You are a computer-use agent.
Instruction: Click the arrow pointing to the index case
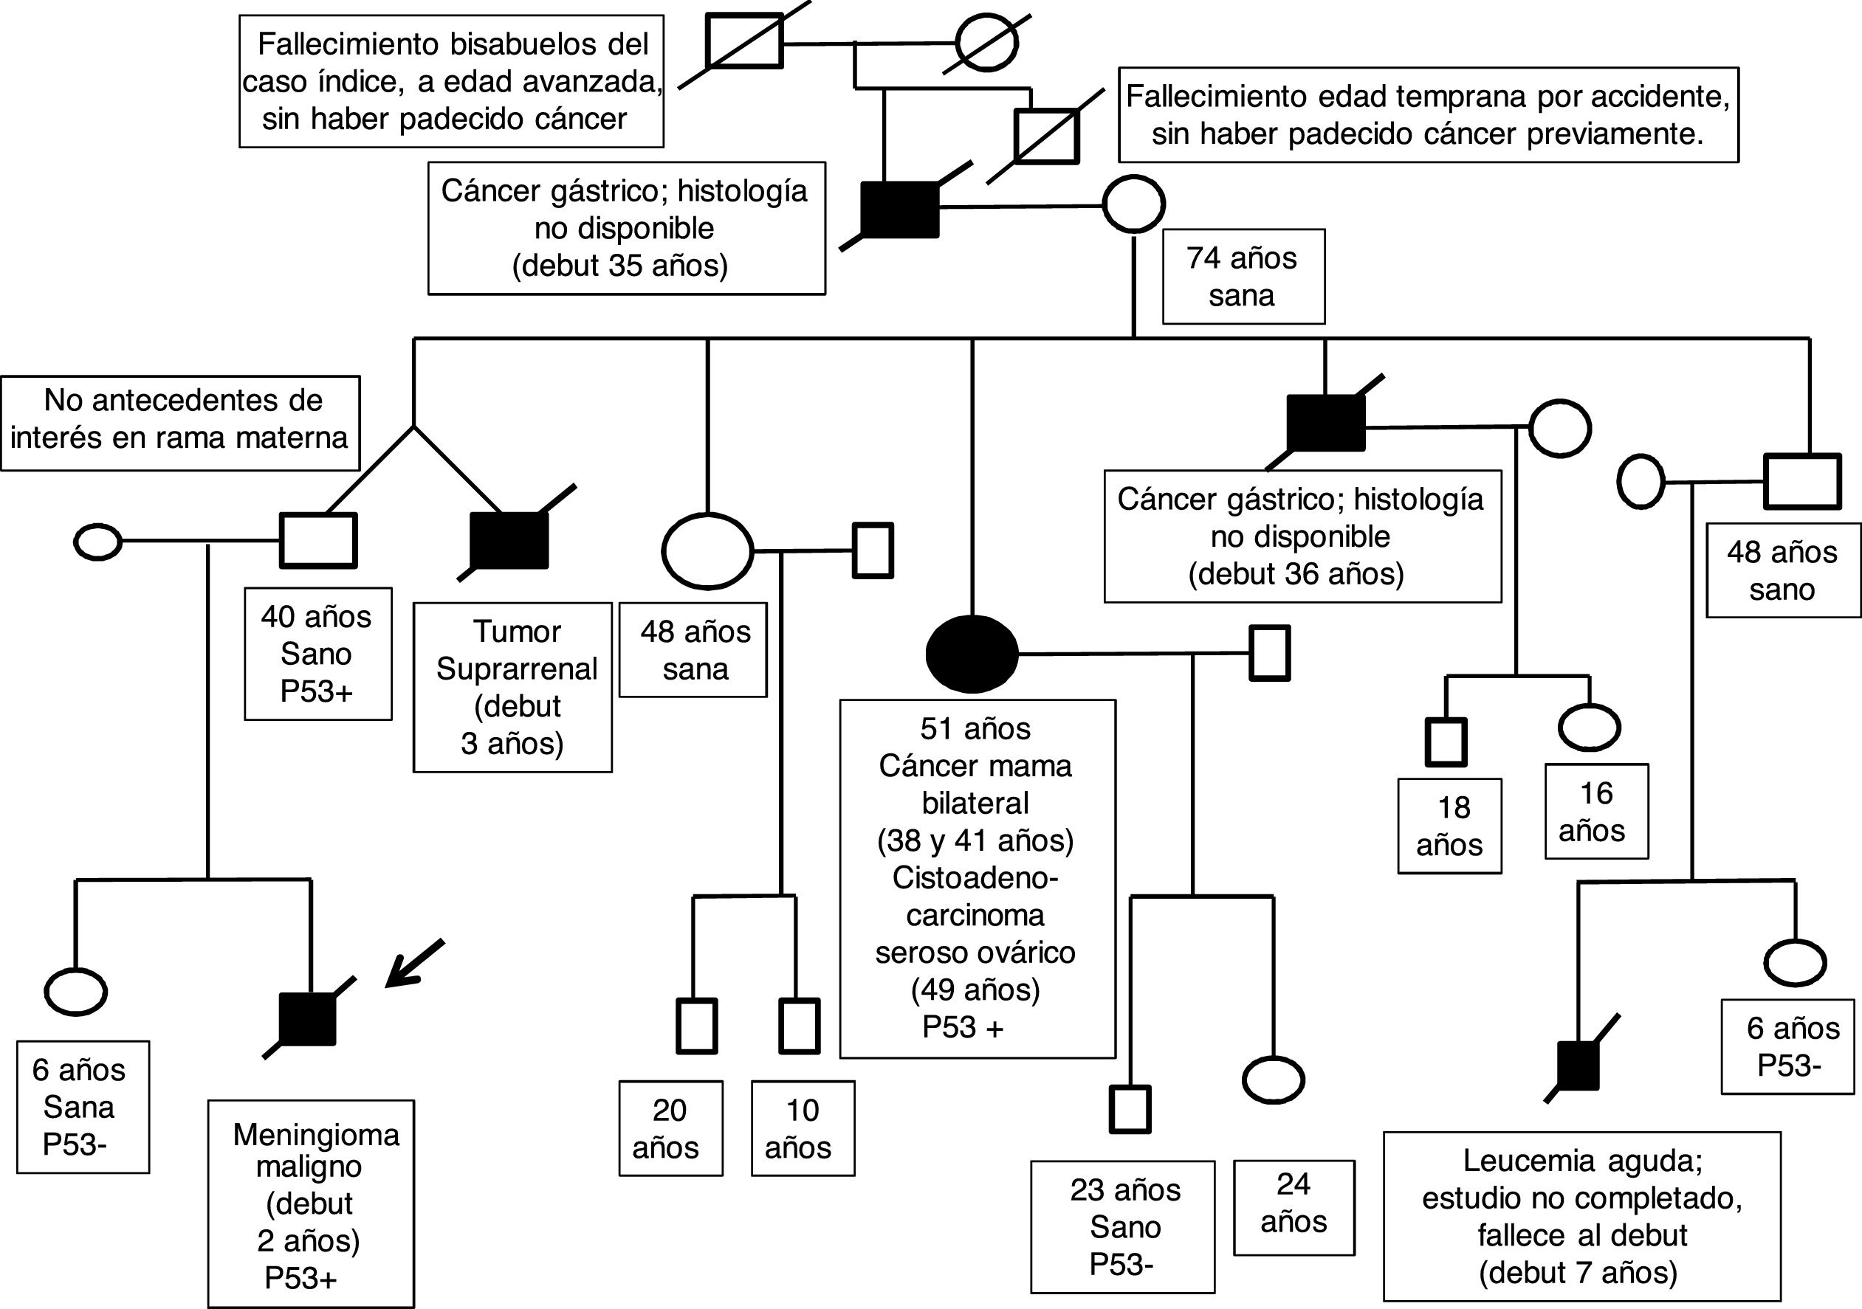coord(413,964)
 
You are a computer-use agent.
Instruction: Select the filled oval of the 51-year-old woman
coord(972,653)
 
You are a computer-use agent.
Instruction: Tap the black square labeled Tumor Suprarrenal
coord(509,541)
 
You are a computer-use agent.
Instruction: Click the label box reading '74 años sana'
coord(1243,277)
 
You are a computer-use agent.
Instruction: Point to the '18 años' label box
coord(1449,826)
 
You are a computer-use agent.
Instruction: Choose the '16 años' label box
coord(1595,812)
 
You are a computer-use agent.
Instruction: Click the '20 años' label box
coord(670,1128)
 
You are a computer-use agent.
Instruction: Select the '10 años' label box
coord(802,1128)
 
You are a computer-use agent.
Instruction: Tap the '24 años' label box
coord(1294,1207)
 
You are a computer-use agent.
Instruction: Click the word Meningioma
coord(316,1135)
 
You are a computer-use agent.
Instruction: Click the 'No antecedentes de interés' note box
coord(180,422)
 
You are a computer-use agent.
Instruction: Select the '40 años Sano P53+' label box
coord(317,654)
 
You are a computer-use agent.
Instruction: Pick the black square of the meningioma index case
coord(307,1019)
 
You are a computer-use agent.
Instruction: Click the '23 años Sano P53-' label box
coord(1123,1226)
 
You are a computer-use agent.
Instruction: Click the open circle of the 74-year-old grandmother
coord(1133,204)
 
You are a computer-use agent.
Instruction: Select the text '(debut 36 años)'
coord(1295,574)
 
